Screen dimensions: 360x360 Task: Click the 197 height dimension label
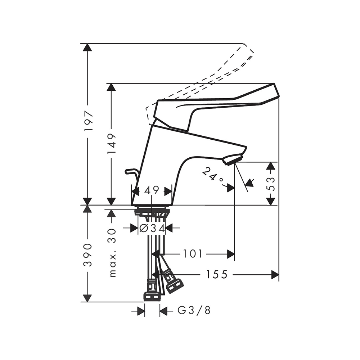[x=88, y=121]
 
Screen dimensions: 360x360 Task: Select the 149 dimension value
[x=112, y=144]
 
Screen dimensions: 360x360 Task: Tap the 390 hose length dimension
[x=88, y=255]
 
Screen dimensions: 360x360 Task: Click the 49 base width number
[x=152, y=191]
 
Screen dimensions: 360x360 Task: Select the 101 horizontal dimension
[x=193, y=254]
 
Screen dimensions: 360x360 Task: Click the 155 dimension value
[x=217, y=275]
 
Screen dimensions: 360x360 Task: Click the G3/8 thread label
[x=194, y=310]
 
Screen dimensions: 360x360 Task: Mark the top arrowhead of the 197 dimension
[x=87, y=48]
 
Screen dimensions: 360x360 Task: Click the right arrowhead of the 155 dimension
[x=275, y=275]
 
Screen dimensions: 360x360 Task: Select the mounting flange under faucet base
[x=152, y=212]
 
